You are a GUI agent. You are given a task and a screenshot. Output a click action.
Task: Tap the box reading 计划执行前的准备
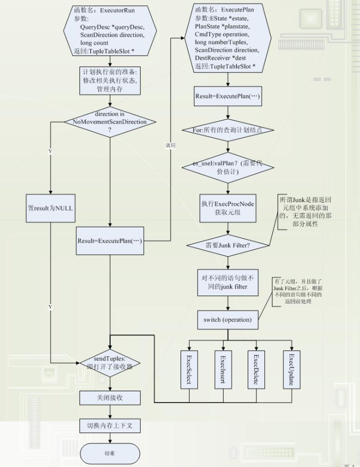110,81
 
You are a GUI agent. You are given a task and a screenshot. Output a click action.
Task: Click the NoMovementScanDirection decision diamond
110,122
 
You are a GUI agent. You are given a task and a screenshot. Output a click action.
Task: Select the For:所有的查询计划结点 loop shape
229,130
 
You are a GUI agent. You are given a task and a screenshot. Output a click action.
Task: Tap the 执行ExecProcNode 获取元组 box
228,208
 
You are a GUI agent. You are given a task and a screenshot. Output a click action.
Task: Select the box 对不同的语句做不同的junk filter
228,283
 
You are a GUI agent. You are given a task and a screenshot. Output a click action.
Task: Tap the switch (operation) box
228,320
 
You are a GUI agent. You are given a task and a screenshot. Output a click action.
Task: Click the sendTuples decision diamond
110,363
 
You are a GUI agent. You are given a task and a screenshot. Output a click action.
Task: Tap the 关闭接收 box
110,398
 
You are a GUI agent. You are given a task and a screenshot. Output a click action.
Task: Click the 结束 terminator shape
110,453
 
